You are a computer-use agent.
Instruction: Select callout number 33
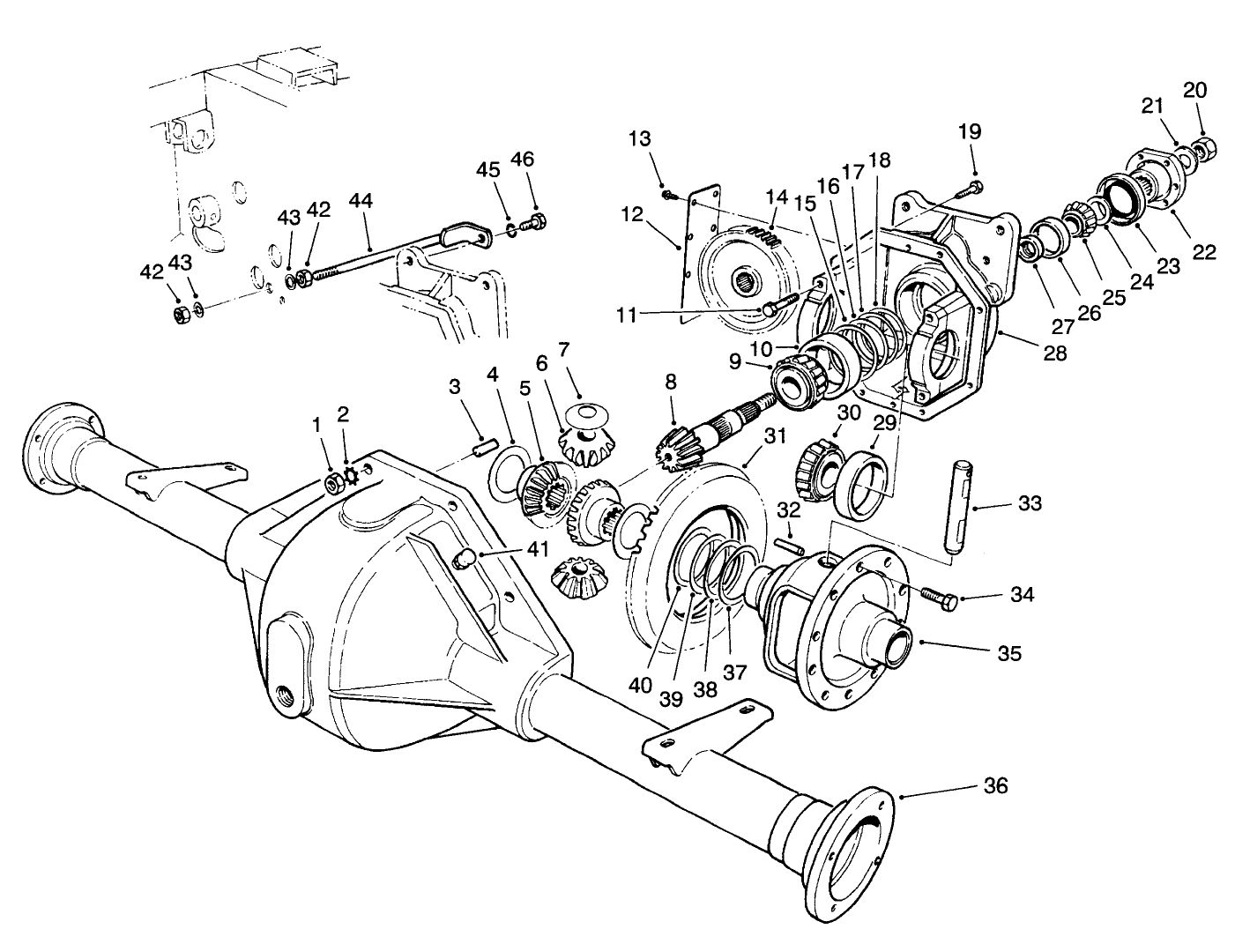coord(1029,504)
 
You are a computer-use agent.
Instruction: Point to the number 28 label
coord(1054,353)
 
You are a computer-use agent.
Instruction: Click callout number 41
coord(537,548)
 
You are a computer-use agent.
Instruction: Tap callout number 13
coord(640,139)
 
